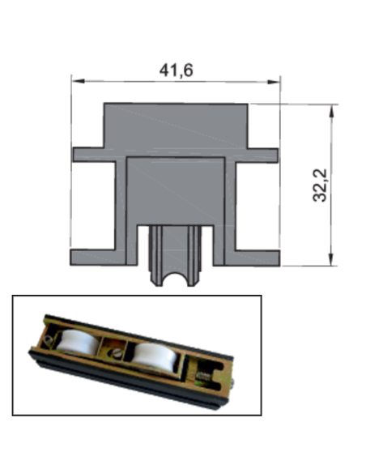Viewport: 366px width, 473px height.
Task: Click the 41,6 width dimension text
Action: click(x=176, y=70)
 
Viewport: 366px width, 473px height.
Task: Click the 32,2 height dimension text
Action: click(x=320, y=185)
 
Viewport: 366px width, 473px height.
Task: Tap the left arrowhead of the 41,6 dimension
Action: click(x=79, y=81)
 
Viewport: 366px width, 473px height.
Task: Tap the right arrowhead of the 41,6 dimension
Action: click(x=274, y=82)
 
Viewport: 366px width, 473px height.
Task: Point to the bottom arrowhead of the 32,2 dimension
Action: click(x=332, y=260)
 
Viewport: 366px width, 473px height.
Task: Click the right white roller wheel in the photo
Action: click(x=154, y=360)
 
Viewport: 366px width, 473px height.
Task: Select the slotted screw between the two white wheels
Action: click(x=115, y=352)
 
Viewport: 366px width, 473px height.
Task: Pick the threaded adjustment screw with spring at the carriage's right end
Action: click(x=203, y=377)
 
